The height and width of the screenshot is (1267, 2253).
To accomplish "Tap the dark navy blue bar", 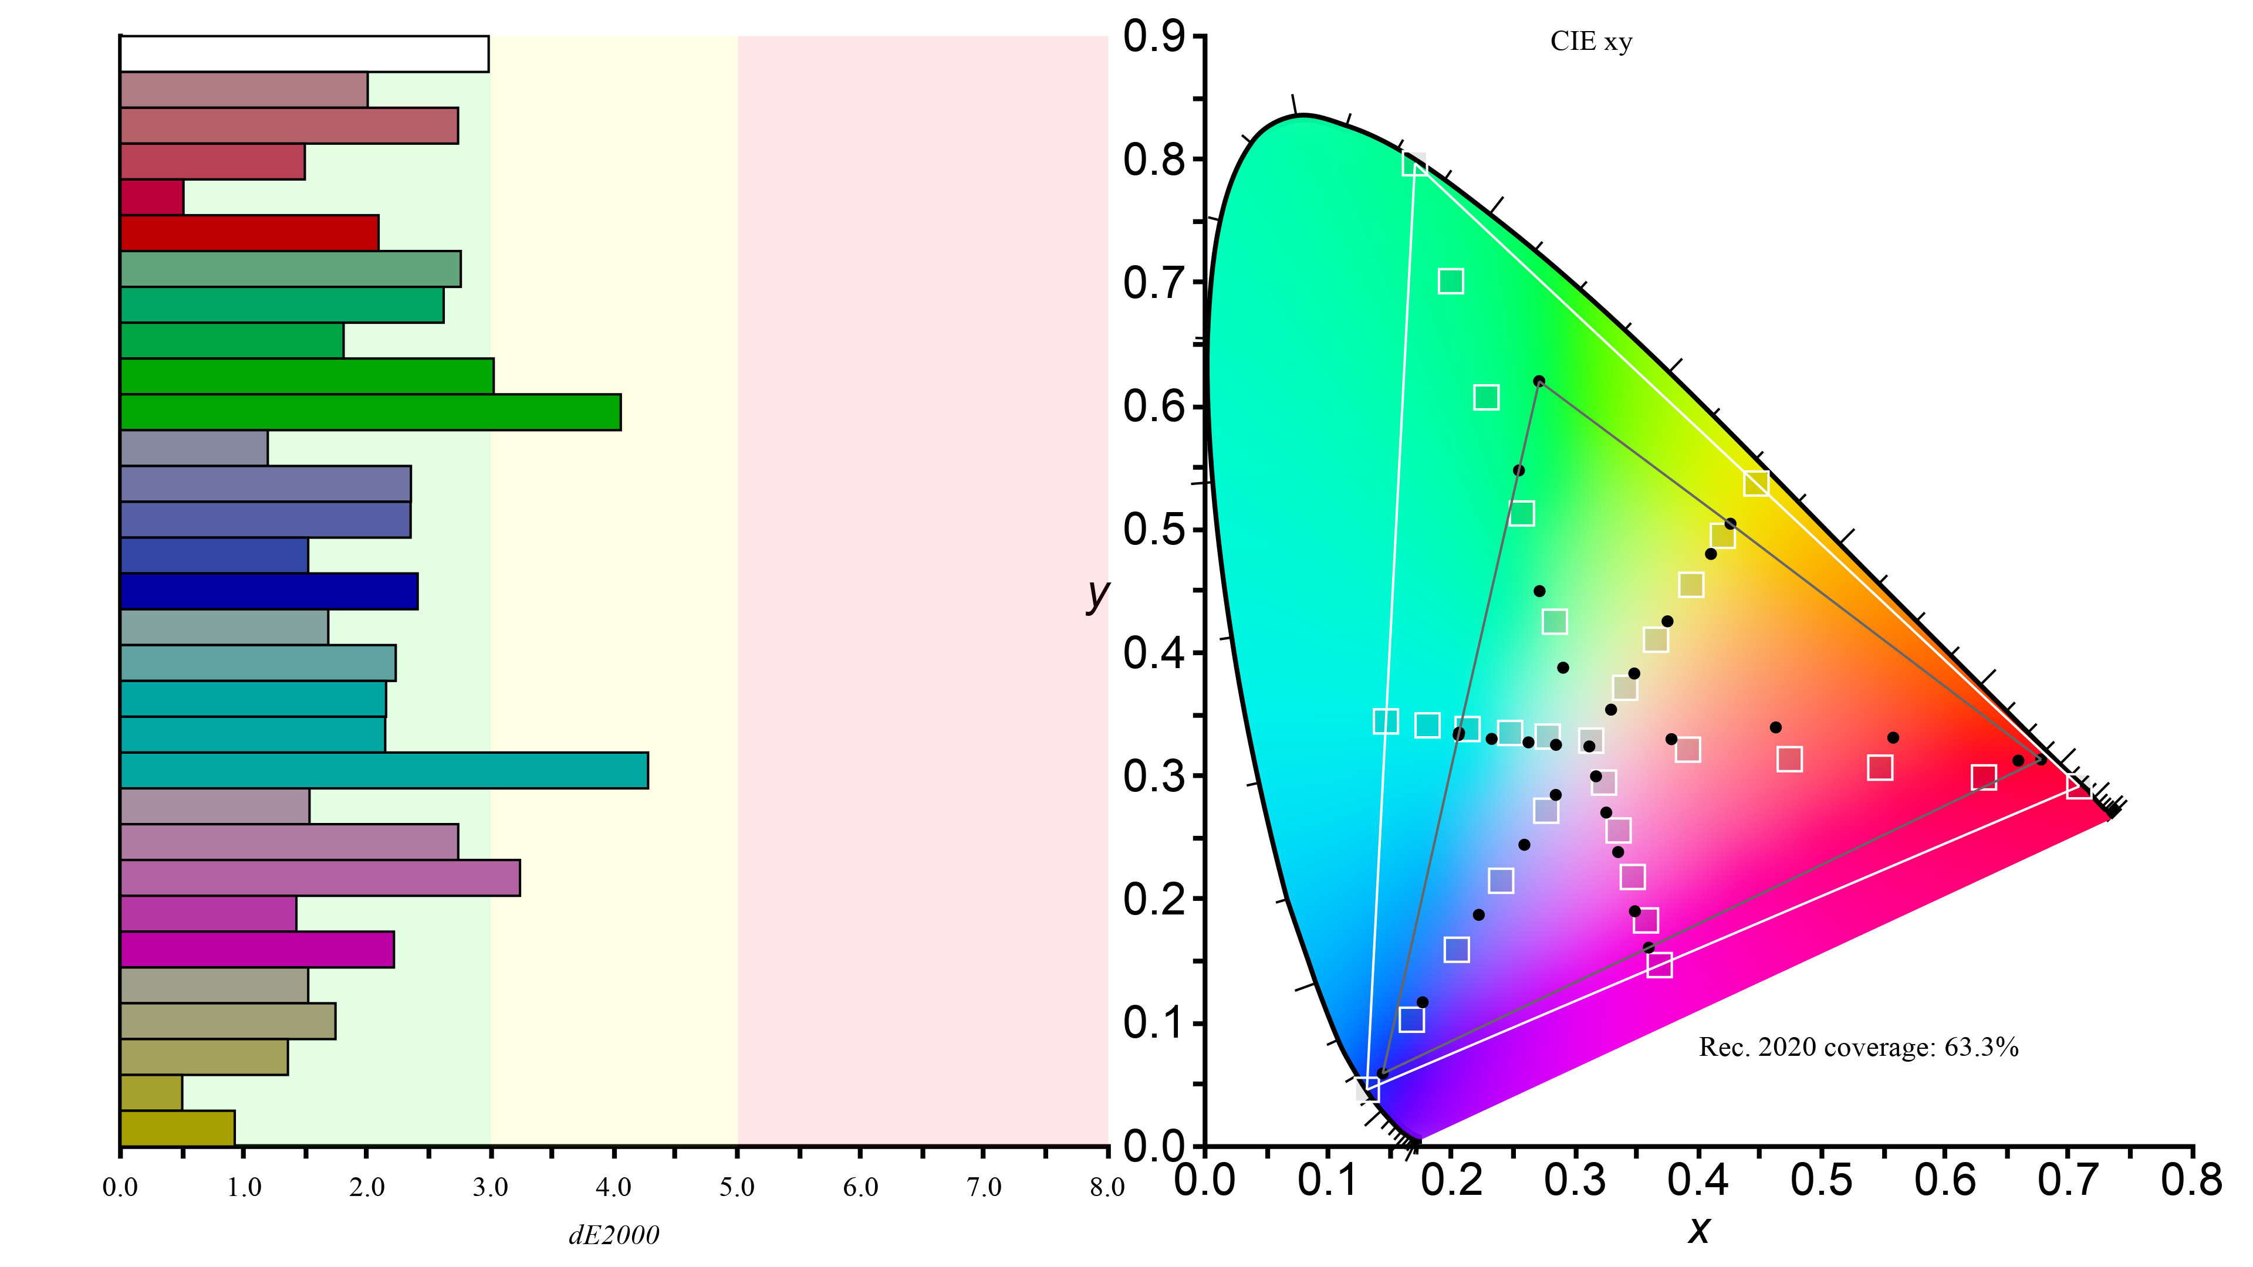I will tap(269, 591).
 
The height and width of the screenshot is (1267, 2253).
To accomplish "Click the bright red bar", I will tap(249, 233).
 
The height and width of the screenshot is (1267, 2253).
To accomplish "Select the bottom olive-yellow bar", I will tap(178, 1128).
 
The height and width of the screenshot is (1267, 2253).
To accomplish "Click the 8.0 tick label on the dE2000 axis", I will tap(1106, 1187).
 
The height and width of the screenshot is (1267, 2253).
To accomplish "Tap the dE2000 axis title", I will tap(614, 1235).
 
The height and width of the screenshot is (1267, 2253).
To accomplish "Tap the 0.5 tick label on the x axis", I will tap(1821, 1180).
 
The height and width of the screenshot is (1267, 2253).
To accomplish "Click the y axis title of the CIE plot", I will tap(1097, 595).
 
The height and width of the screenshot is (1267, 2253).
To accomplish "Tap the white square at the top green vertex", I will tap(1414, 164).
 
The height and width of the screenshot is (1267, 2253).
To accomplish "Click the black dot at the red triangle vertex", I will tap(2041, 759).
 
